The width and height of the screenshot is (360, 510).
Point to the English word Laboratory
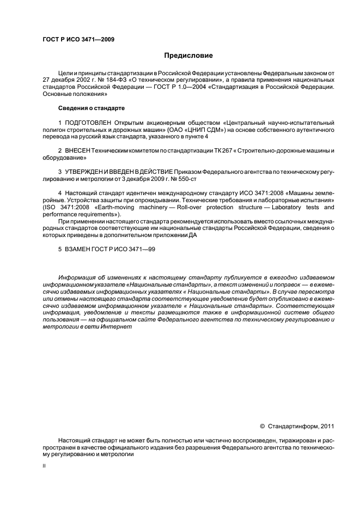tap(270, 207)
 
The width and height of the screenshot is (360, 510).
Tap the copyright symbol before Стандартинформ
tap(262, 426)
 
